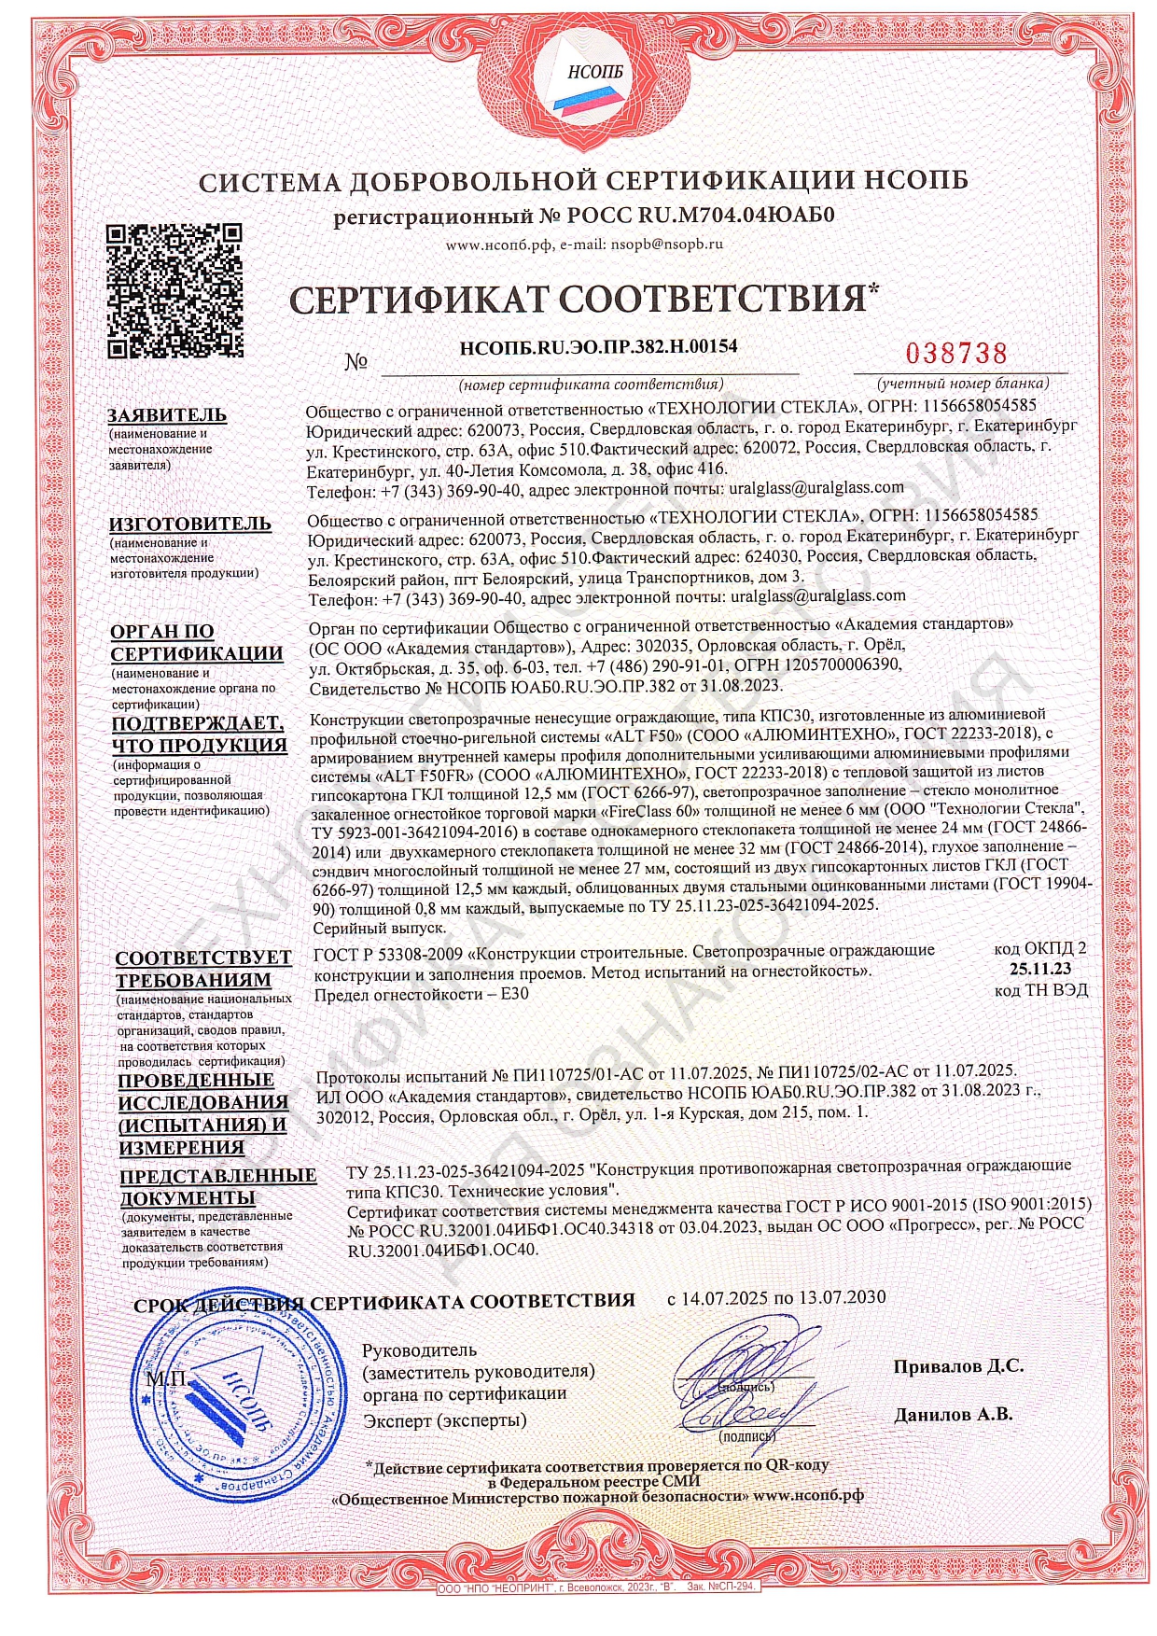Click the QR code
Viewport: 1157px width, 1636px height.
[174, 291]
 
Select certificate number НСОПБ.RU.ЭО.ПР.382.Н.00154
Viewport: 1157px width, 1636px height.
[599, 346]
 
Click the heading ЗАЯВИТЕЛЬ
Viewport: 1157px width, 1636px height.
[167, 414]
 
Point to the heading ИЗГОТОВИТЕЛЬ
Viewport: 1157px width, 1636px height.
[190, 524]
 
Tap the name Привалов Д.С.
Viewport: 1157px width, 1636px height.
[957, 1365]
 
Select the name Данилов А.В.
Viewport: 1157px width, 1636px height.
[953, 1414]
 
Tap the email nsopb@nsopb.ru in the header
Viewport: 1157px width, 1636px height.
[666, 244]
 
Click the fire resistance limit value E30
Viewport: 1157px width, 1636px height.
[514, 993]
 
